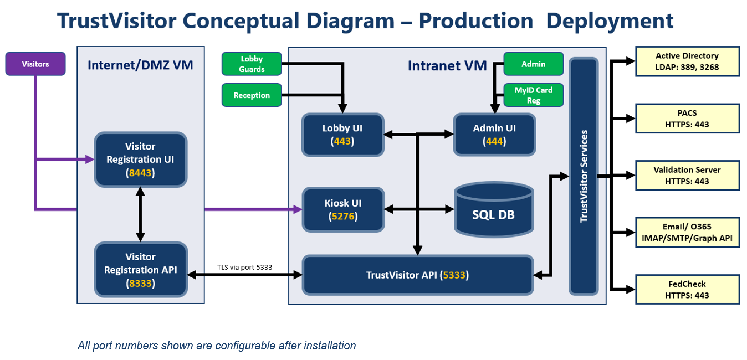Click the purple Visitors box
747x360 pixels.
[35, 64]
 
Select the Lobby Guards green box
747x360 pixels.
[252, 64]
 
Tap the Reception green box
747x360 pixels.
[252, 95]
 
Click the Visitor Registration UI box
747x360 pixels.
[140, 159]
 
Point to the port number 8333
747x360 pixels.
[140, 283]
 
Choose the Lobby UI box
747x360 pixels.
[342, 135]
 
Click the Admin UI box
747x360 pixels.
[494, 135]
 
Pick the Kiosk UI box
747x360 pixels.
[342, 209]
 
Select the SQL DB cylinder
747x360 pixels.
[494, 209]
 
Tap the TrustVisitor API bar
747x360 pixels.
[417, 274]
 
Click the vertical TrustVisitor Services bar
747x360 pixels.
[584, 176]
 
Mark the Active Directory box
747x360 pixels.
[687, 61]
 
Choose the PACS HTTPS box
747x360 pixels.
[687, 119]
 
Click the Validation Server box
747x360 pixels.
[687, 175]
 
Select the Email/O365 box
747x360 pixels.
[687, 232]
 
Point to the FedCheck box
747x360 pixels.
[687, 289]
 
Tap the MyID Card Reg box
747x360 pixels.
[534, 95]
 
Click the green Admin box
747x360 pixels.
[534, 64]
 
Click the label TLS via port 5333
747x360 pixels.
[244, 268]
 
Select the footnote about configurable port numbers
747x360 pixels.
[217, 346]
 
